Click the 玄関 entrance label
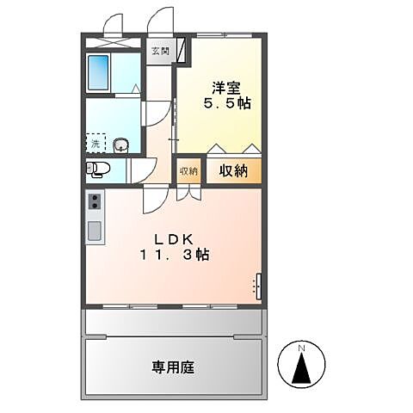(x=161, y=51)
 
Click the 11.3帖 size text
(x=176, y=255)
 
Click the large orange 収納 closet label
(x=232, y=170)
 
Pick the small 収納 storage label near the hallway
(x=188, y=170)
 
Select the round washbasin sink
(x=120, y=145)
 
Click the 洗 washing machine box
(x=96, y=143)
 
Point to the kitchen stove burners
(x=94, y=202)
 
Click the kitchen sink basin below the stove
(x=94, y=230)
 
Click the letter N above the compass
(x=302, y=348)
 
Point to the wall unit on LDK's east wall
(x=257, y=286)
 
